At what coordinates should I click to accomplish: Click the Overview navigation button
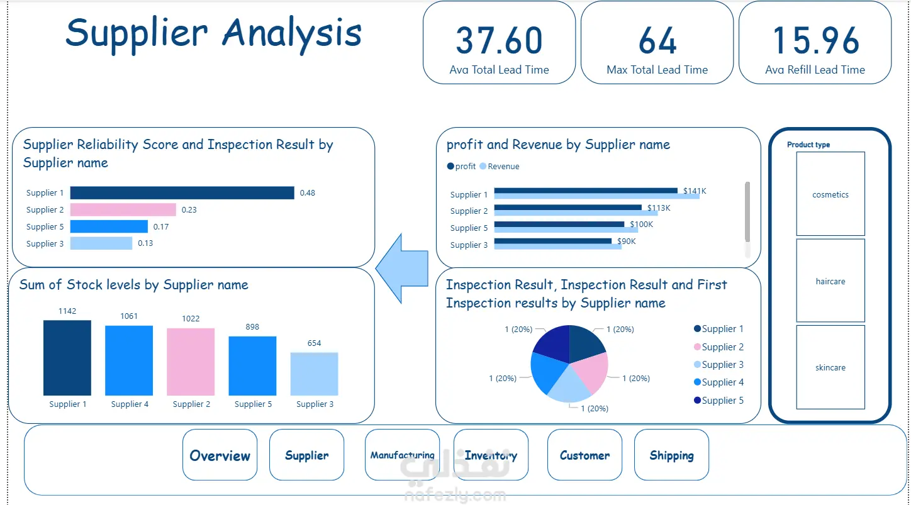(220, 455)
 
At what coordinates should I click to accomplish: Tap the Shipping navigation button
(671, 455)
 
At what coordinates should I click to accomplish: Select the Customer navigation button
(584, 455)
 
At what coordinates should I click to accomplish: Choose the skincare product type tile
(830, 367)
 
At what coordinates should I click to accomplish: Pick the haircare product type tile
(830, 280)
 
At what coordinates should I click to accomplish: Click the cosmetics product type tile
(830, 194)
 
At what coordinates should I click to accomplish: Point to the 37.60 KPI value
(499, 41)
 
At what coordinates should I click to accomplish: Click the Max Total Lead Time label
(657, 70)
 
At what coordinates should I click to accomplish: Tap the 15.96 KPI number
(815, 41)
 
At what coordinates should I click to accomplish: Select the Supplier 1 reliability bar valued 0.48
(182, 192)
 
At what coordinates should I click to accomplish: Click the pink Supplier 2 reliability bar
(123, 210)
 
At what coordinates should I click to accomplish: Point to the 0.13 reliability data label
(145, 243)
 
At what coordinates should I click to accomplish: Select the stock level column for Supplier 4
(129, 360)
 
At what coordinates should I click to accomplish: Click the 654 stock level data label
(314, 343)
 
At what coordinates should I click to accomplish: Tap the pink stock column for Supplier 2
(191, 362)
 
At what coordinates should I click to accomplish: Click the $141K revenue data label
(695, 191)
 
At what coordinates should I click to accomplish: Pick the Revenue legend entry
(500, 166)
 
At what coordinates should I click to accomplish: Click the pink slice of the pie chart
(590, 372)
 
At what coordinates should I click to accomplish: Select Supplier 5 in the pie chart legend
(718, 401)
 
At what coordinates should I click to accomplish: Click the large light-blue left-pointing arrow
(402, 269)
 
